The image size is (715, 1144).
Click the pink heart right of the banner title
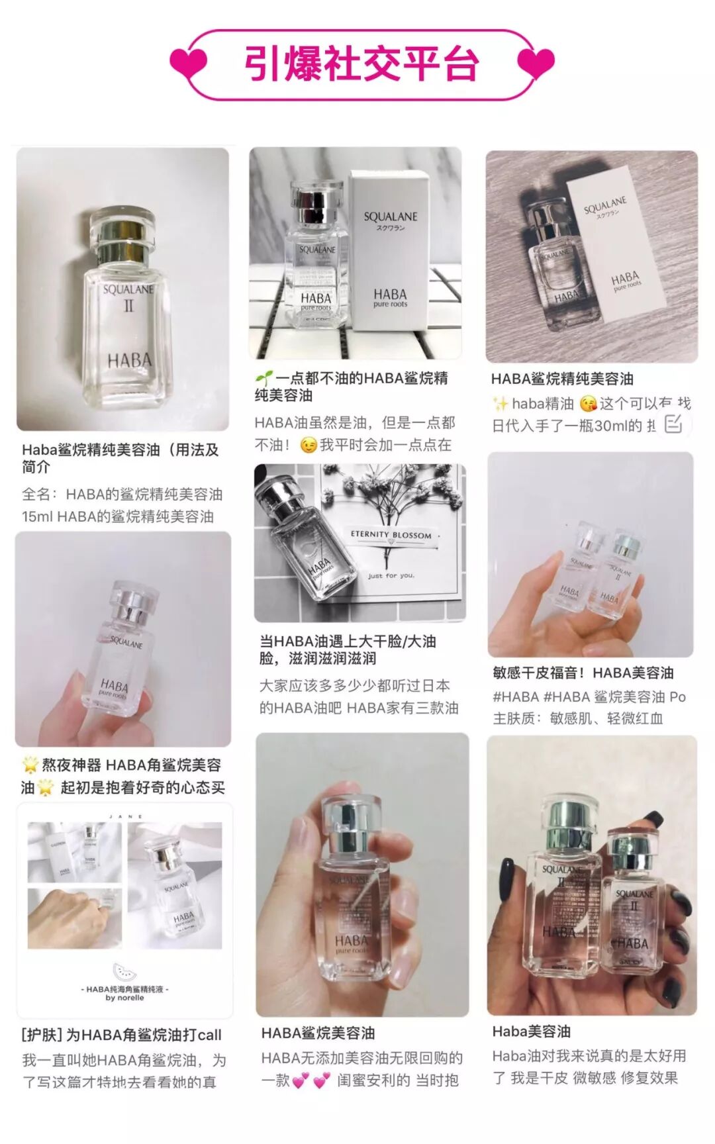coord(536,63)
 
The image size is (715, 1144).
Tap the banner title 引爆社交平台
coord(361,64)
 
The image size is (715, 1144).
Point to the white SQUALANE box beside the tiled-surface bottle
coord(391,252)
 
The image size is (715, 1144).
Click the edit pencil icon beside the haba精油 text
coord(673,424)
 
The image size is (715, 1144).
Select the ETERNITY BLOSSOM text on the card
coord(391,534)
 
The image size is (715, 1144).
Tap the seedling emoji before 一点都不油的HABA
coord(263,379)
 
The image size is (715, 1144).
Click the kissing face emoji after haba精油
coord(587,403)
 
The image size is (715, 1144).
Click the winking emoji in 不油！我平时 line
coord(308,445)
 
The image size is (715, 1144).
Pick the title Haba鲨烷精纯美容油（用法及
coord(120,450)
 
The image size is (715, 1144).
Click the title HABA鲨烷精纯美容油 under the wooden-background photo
coord(562,379)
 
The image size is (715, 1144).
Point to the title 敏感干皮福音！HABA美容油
coord(583,673)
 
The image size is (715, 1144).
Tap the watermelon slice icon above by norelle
coord(124,973)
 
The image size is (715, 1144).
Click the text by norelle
coord(124,997)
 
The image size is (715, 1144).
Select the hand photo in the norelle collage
coord(74,918)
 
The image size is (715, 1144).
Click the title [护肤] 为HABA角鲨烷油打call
coord(122,1035)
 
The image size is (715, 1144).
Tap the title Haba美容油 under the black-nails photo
coord(531,1031)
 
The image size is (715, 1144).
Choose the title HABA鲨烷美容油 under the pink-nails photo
coord(318,1033)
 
